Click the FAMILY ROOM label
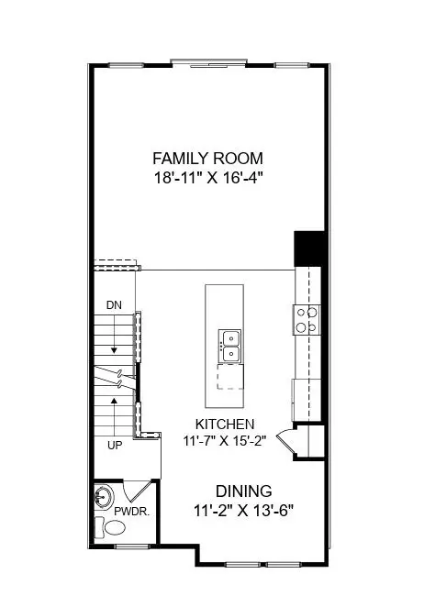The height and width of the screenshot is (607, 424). click(x=207, y=157)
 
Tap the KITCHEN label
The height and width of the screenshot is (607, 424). click(x=225, y=424)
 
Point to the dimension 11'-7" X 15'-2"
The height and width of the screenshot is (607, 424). click(x=225, y=440)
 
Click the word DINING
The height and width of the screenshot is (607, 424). click(x=243, y=491)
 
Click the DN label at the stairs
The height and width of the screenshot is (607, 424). click(x=114, y=304)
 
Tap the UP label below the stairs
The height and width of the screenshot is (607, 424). click(x=114, y=445)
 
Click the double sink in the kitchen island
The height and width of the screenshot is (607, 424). click(x=229, y=347)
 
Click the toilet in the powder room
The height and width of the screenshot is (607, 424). click(x=115, y=528)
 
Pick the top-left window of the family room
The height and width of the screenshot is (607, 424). click(x=121, y=64)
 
